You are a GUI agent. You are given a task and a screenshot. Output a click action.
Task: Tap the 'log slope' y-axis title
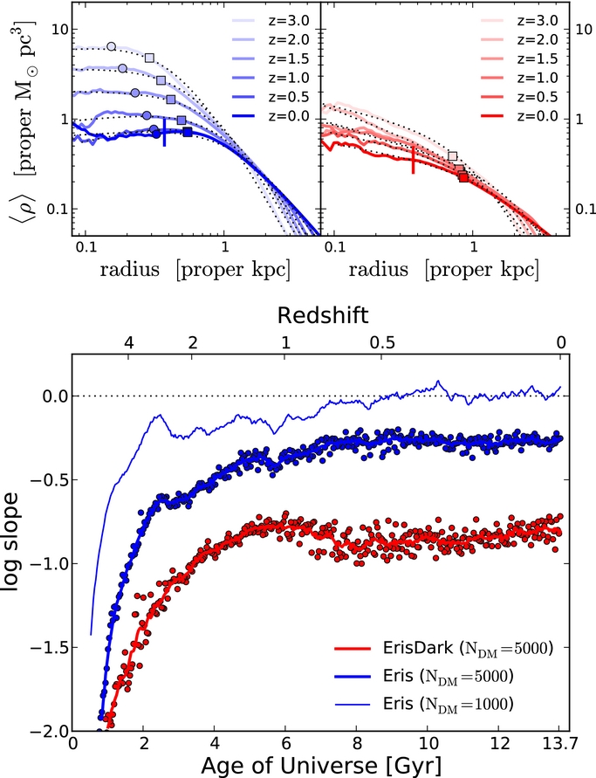coord(20,553)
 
